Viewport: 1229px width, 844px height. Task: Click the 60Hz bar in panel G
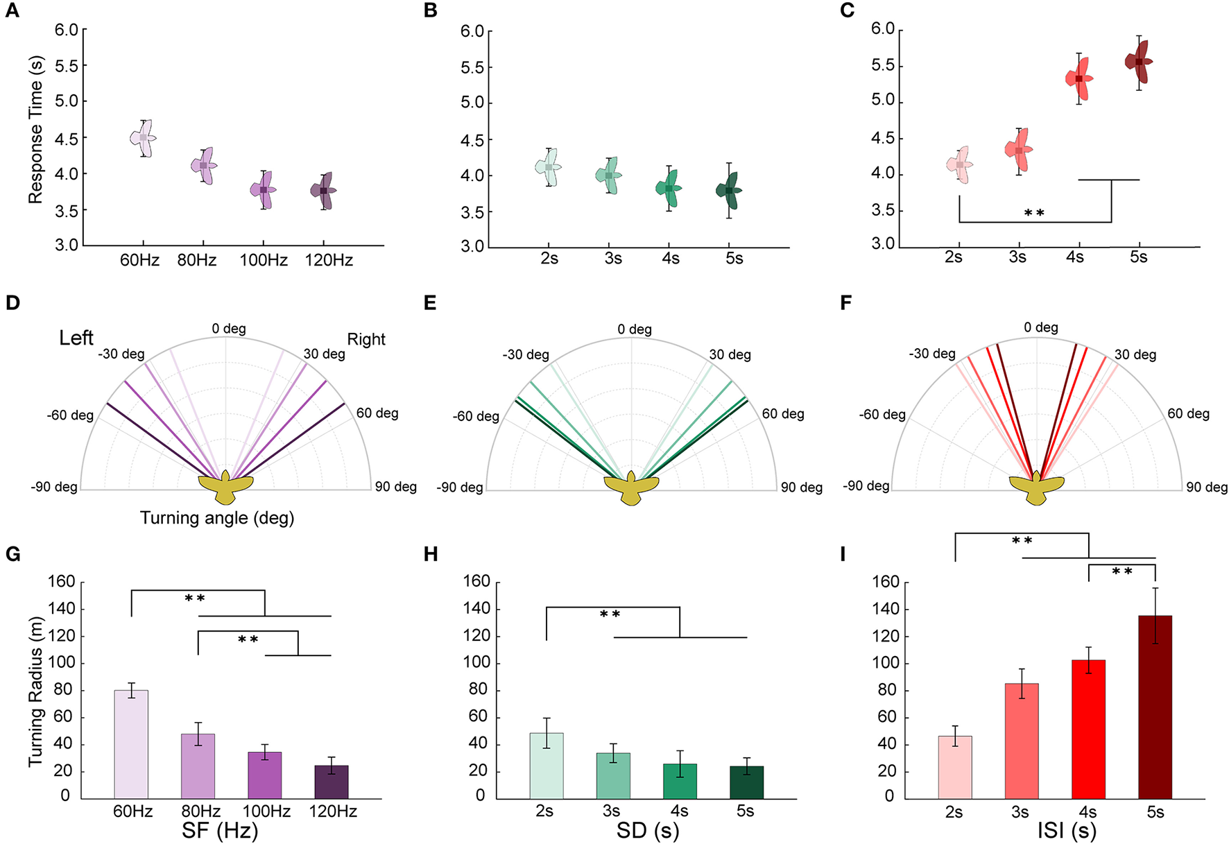(x=131, y=744)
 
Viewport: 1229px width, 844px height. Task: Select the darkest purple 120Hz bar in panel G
(x=332, y=782)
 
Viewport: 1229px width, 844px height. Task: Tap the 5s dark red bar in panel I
(x=1155, y=707)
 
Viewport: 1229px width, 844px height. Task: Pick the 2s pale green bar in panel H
(x=547, y=766)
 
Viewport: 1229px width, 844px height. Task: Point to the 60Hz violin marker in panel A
(x=143, y=138)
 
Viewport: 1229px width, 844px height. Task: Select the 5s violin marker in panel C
(x=1139, y=62)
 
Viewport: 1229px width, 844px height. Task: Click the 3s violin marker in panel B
(x=609, y=175)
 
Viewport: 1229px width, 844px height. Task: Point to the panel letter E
(x=430, y=303)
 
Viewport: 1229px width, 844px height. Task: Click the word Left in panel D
(x=76, y=338)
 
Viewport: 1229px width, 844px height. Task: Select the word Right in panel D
(x=366, y=339)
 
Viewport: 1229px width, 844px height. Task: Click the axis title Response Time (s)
(x=35, y=130)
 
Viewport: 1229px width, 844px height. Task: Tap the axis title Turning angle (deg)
(x=217, y=518)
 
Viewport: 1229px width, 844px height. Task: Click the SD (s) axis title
(x=648, y=830)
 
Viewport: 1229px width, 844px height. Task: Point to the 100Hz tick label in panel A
(x=264, y=261)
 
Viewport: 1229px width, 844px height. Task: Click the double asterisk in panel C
(x=1034, y=213)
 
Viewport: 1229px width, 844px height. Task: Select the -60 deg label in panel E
(x=476, y=416)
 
